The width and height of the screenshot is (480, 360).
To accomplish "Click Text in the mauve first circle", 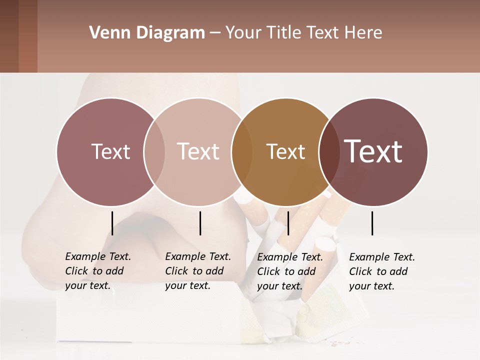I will click(x=110, y=151).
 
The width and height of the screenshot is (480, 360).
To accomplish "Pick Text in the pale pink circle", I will click(x=198, y=151).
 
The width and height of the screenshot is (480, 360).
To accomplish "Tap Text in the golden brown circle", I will click(x=285, y=151).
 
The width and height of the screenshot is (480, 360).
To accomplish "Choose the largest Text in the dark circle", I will click(x=373, y=151).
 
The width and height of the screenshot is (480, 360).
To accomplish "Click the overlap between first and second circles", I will click(x=154, y=151).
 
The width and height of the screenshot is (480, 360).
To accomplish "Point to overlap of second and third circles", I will click(x=241, y=151).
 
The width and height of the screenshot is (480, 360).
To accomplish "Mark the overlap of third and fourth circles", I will click(x=328, y=151).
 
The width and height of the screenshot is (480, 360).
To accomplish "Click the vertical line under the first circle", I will click(x=112, y=223).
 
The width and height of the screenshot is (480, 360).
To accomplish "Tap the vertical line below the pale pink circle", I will click(x=200, y=223).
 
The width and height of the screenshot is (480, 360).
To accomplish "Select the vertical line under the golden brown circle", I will click(x=288, y=223).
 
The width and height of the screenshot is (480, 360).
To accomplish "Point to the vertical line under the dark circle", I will click(x=372, y=223).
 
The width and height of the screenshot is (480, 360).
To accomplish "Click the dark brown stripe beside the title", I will click(x=9, y=36).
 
